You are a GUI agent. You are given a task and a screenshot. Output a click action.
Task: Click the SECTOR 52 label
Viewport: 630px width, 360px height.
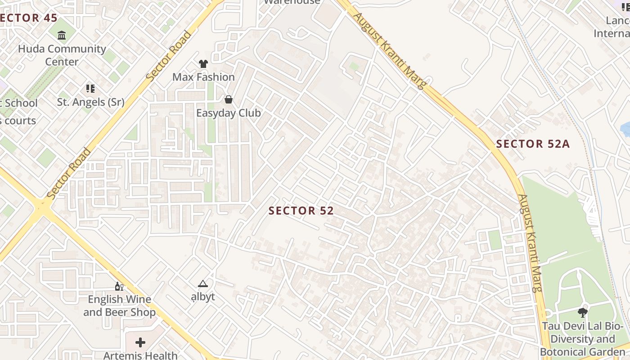(301, 211)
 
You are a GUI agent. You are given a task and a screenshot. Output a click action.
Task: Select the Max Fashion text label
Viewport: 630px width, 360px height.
(203, 77)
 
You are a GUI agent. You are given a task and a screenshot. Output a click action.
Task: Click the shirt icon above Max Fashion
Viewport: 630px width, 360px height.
(203, 64)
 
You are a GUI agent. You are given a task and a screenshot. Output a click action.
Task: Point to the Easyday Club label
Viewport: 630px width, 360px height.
(228, 113)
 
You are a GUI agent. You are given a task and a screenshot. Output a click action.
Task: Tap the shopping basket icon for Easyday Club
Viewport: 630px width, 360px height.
(229, 99)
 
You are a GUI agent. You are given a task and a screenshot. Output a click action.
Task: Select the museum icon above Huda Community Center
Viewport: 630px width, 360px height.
(62, 35)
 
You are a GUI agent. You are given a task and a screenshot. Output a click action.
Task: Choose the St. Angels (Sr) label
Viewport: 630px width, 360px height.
(90, 102)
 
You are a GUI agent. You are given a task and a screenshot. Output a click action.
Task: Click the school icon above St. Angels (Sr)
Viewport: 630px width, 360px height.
(90, 89)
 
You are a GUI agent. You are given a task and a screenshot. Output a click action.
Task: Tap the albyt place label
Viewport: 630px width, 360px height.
(203, 297)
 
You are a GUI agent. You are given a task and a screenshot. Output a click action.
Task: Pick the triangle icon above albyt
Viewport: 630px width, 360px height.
(203, 283)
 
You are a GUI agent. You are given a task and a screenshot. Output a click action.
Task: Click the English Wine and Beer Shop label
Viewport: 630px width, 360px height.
(119, 306)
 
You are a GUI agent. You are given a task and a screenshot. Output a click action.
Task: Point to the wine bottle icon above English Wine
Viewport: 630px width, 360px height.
(119, 286)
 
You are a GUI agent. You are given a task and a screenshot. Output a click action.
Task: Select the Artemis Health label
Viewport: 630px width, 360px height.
(140, 355)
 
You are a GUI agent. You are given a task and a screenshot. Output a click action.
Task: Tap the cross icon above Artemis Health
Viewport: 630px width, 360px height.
(140, 342)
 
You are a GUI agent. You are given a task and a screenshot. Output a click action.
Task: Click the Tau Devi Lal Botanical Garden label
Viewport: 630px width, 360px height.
(582, 339)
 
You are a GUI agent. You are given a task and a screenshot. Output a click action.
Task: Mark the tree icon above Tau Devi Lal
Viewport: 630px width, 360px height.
(582, 312)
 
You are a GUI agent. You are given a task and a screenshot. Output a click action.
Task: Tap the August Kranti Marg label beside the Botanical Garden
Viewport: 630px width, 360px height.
(529, 243)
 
